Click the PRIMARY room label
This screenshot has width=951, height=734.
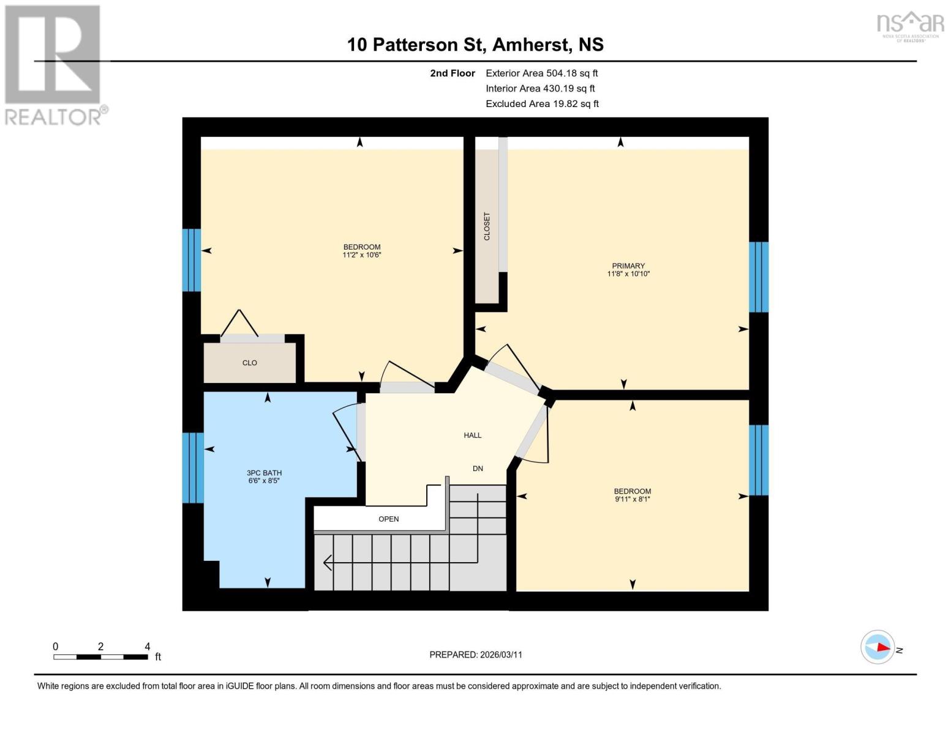628,265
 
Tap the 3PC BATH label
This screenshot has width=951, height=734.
264,472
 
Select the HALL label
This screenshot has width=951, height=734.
472,435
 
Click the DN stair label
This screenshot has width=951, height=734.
478,468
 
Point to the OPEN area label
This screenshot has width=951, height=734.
388,519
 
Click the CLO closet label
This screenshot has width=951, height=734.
249,363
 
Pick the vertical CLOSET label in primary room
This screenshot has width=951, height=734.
487,226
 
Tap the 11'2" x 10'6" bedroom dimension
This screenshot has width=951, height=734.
361,255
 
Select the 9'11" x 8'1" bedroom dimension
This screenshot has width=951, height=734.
632,499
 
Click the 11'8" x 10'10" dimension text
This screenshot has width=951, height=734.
628,274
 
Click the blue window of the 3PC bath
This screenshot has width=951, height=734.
192,467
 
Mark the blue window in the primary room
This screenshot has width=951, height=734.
758,277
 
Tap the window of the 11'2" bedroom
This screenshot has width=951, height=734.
192,260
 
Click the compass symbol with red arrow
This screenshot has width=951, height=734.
878,647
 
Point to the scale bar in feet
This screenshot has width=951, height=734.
100,657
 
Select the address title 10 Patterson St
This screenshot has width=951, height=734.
475,45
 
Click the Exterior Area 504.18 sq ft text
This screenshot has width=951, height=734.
541,73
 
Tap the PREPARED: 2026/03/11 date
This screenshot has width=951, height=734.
475,654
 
